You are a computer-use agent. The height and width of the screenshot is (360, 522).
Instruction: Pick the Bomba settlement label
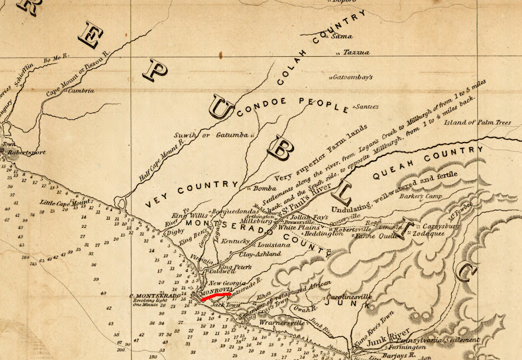[x=264, y=188]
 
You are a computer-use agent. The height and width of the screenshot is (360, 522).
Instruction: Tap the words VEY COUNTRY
[x=190, y=195]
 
